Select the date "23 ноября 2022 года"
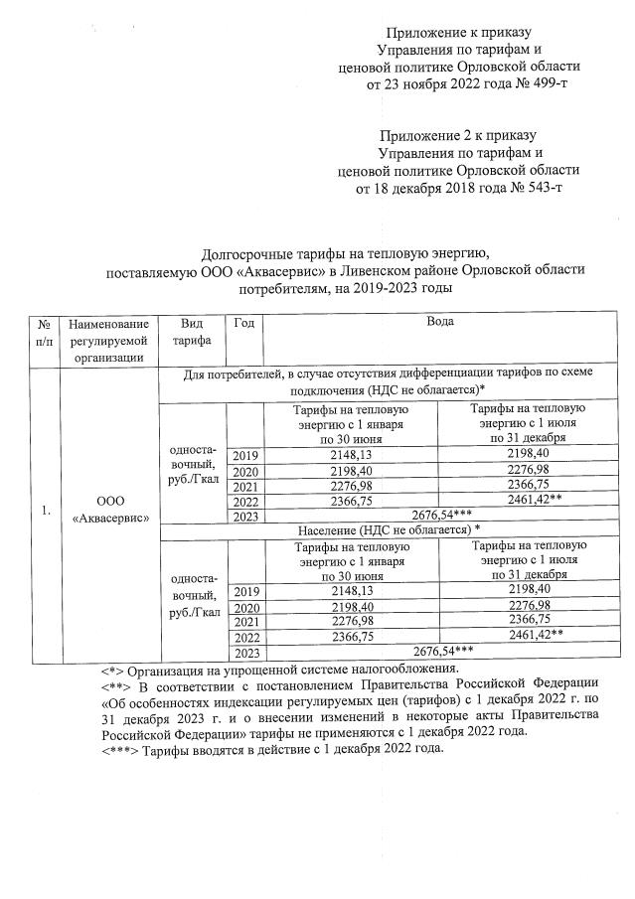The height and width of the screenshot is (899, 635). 434,84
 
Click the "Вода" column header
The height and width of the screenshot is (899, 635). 440,323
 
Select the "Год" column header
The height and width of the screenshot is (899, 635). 244,323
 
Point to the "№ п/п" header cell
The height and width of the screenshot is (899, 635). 45,332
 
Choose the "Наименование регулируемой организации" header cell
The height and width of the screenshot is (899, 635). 109,341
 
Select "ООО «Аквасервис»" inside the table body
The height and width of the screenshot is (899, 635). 109,511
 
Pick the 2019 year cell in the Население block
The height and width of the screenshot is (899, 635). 245,591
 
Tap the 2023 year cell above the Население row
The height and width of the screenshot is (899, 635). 245,516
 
